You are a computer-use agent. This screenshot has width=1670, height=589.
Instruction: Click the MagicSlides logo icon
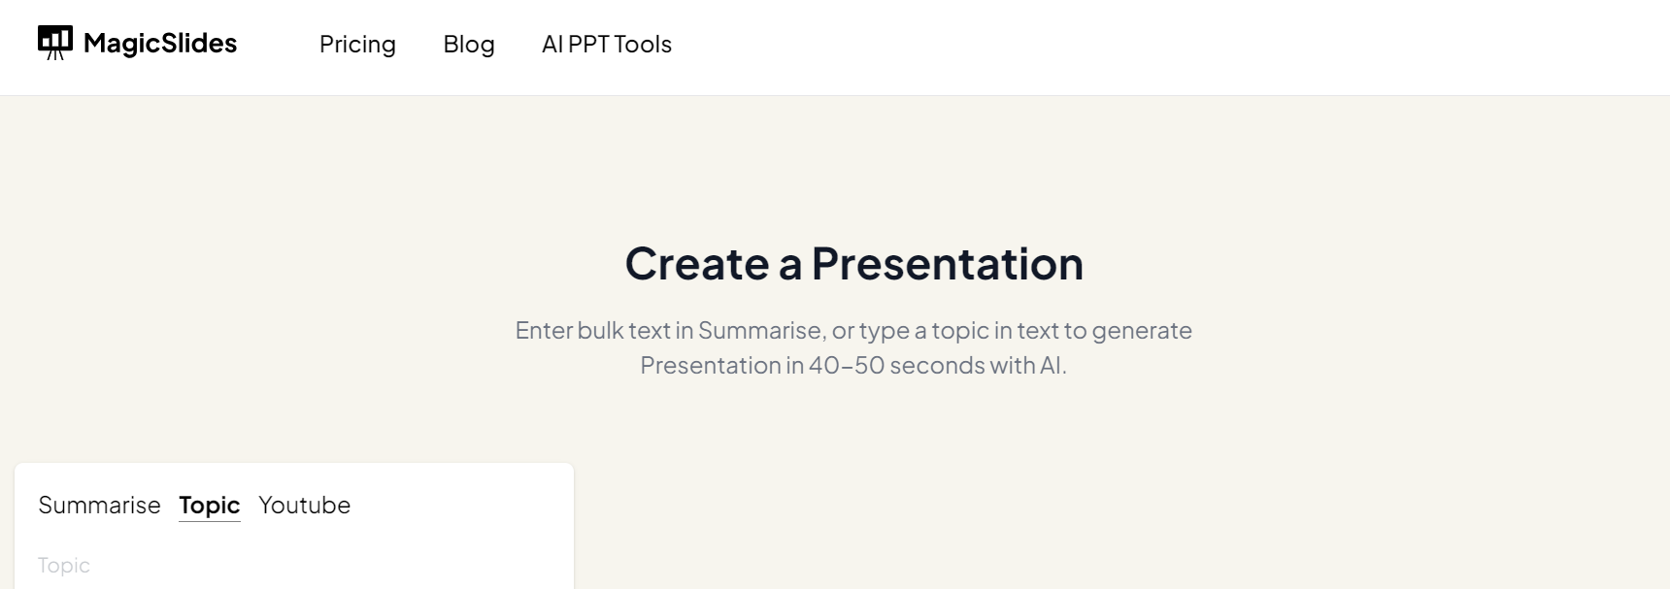[x=55, y=43]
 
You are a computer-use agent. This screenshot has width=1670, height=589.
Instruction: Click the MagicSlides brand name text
[x=160, y=44]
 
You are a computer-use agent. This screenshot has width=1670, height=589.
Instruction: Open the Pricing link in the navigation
[x=357, y=45]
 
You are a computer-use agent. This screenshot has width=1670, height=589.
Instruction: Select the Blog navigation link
[x=469, y=45]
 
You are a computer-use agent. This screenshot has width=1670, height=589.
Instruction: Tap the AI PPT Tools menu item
[x=607, y=45]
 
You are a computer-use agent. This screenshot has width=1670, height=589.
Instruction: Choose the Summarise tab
[x=99, y=506]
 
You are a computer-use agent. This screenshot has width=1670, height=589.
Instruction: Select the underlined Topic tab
[x=210, y=506]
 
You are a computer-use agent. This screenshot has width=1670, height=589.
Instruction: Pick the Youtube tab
[x=305, y=506]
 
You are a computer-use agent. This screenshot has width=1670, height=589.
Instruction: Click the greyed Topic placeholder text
[x=64, y=566]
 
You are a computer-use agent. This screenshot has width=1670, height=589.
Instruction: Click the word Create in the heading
[x=697, y=264]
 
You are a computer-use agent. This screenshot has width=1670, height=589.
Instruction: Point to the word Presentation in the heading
[x=948, y=264]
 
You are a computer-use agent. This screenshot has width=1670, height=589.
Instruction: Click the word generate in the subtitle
[x=1142, y=332]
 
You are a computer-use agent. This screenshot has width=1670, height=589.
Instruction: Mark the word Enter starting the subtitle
[x=544, y=331]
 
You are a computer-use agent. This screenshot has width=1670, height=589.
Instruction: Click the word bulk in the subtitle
[x=600, y=331]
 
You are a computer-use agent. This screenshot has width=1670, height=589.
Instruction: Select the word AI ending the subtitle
[x=1052, y=366]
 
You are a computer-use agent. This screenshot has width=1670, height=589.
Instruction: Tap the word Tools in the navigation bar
[x=643, y=45]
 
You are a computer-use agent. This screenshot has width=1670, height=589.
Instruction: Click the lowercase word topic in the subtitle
[x=960, y=332]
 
